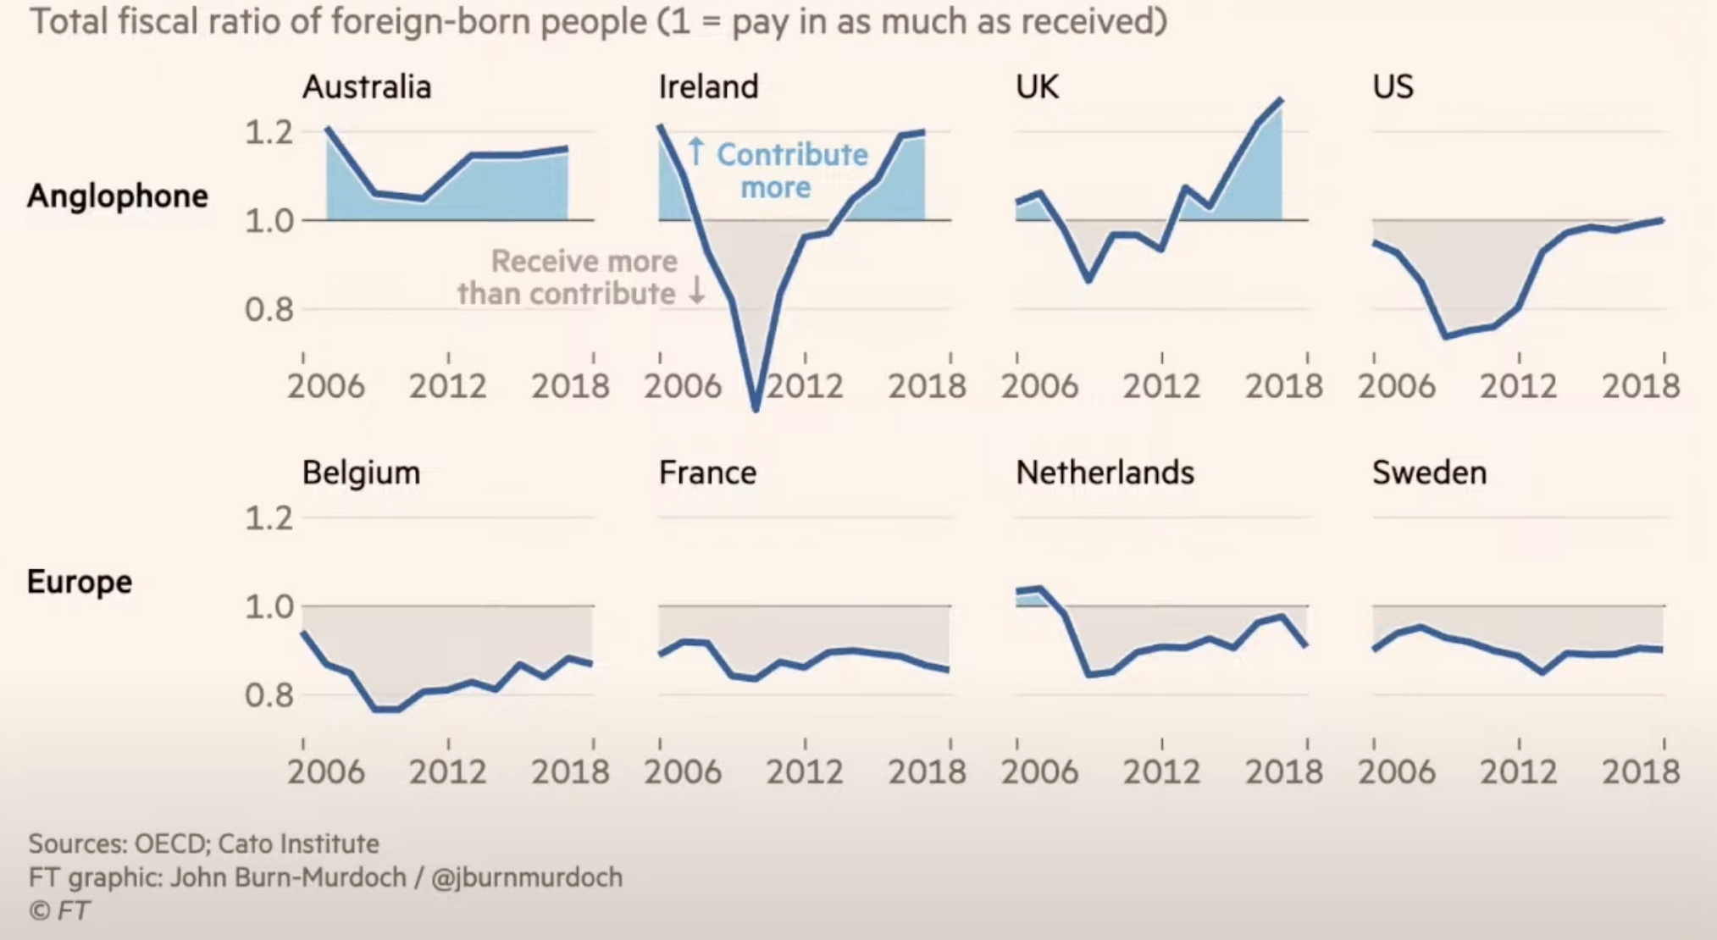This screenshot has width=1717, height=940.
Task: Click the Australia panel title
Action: [x=367, y=87]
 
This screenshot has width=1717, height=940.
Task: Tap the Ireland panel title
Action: [x=708, y=87]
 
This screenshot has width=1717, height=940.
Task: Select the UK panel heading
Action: [x=1037, y=87]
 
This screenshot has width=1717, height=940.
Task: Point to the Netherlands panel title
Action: [x=1105, y=473]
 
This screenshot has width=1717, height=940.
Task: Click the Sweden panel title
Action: [x=1429, y=473]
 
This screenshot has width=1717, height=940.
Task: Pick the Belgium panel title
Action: [x=361, y=473]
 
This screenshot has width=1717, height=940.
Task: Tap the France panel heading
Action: [x=707, y=473]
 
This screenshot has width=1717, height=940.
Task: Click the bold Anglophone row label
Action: [x=118, y=196]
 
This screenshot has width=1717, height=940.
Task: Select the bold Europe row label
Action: [x=80, y=582]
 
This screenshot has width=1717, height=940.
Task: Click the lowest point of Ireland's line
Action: [x=756, y=409]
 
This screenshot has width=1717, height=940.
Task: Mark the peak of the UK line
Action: [x=1281, y=100]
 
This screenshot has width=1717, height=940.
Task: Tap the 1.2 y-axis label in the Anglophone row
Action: [x=269, y=132]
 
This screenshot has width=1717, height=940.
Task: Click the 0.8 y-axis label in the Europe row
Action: [x=269, y=695]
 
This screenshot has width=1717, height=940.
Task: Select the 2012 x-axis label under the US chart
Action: [x=1518, y=387]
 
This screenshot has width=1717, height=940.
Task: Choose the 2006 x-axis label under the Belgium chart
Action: [x=326, y=772]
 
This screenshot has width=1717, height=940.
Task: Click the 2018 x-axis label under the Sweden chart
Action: [x=1640, y=772]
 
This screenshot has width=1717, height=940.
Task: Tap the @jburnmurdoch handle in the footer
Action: [x=527, y=877]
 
